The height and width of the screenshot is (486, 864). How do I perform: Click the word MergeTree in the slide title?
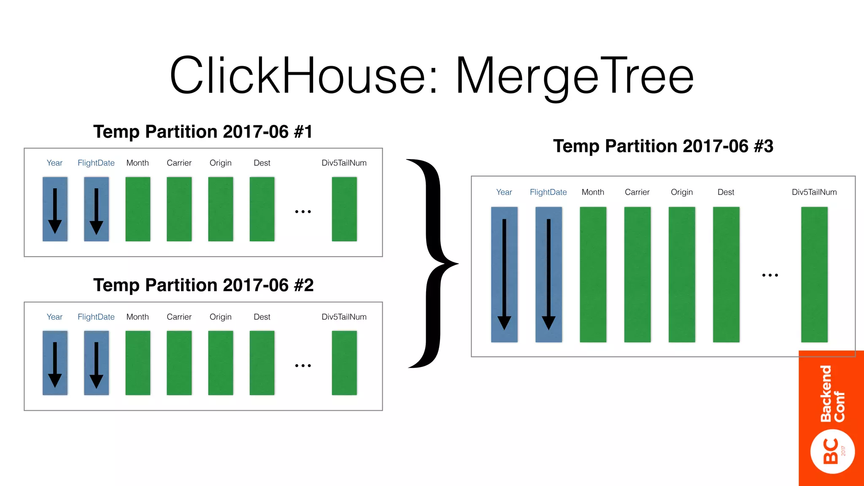tap(575, 76)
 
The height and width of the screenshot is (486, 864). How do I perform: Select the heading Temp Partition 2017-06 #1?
tap(203, 132)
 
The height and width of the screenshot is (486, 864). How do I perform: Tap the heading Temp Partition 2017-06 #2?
tap(203, 285)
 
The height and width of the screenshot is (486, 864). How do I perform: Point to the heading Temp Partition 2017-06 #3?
tap(663, 146)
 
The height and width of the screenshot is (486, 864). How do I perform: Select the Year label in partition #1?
tap(54, 163)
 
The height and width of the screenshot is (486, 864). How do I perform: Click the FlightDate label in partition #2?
tap(96, 317)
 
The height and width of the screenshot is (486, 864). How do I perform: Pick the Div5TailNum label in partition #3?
tap(814, 192)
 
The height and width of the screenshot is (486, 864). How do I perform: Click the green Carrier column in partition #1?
tap(179, 209)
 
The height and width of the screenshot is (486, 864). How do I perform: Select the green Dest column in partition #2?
tap(262, 363)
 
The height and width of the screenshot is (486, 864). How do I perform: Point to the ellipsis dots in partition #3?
tap(770, 275)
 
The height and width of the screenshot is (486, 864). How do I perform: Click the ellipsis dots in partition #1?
tap(303, 212)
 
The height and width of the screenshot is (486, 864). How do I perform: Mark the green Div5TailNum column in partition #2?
tap(344, 363)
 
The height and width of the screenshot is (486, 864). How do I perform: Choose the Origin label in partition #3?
tap(682, 192)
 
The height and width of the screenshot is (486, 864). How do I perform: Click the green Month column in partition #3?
tap(593, 274)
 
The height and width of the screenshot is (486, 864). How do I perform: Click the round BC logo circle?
tap(832, 451)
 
